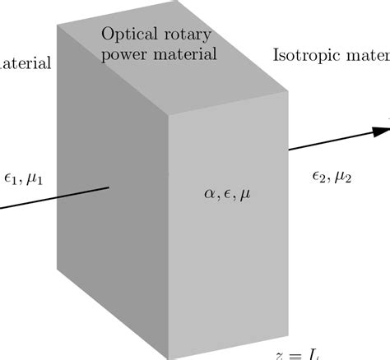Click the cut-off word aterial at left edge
click(x=25, y=62)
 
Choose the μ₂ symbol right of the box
click(x=344, y=175)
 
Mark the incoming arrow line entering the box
click(x=58, y=197)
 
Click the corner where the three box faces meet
click(x=169, y=113)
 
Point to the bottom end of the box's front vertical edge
click(x=169, y=358)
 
